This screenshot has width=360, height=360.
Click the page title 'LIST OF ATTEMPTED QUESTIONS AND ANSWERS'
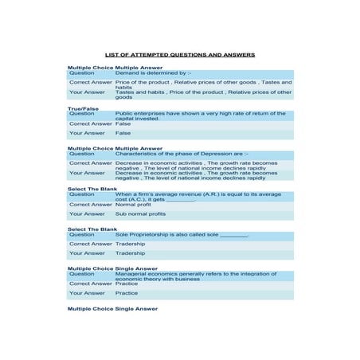pyautogui.click(x=180, y=55)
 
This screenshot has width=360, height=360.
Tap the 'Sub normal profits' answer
pyautogui.click(x=140, y=213)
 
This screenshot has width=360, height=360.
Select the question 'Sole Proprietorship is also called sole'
pyautogui.click(x=182, y=235)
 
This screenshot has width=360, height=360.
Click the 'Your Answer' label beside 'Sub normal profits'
pyautogui.click(x=87, y=213)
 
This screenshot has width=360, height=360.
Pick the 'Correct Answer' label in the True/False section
pyautogui.click(x=91, y=123)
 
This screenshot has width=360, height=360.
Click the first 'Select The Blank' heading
pyautogui.click(x=92, y=189)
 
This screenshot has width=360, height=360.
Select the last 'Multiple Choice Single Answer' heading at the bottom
pyautogui.click(x=112, y=307)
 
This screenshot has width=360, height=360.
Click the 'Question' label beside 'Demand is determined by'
pyautogui.click(x=81, y=73)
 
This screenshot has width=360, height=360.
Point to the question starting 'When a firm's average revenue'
pyautogui.click(x=198, y=196)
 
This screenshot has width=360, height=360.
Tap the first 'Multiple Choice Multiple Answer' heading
pyautogui.click(x=115, y=68)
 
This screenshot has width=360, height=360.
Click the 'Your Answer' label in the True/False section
pyautogui.click(x=87, y=133)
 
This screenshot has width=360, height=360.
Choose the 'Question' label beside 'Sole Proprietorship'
pyautogui.click(x=81, y=235)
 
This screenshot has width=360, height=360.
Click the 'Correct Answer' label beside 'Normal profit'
pyautogui.click(x=91, y=204)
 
